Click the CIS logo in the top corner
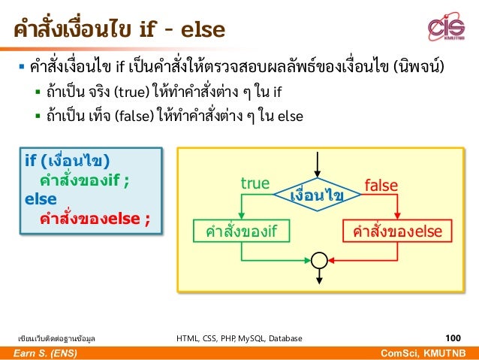coord(446,29)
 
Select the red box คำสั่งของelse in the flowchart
coord(398,231)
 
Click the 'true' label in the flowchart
coord(254,184)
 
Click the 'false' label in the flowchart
coord(381,184)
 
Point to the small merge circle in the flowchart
coord(318,260)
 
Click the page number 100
coord(453,339)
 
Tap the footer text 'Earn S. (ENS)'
coord(41,353)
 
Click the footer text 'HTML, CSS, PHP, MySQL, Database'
coord(239,339)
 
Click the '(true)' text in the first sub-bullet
coord(132,95)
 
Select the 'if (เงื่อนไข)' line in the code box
coord(67,162)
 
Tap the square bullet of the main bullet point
coord(22,71)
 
